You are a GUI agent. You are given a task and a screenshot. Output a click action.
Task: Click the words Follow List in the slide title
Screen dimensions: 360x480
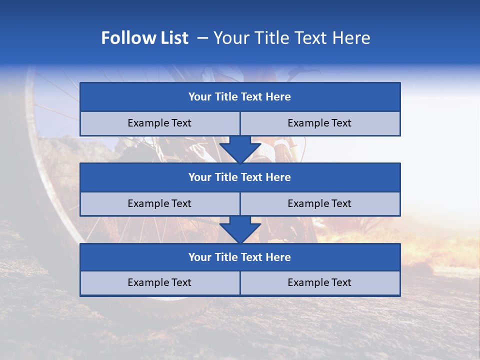(x=144, y=38)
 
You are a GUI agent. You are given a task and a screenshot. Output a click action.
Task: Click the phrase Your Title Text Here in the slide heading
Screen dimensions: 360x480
(x=291, y=38)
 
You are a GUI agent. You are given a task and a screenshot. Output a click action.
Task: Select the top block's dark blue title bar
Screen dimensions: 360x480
(x=240, y=97)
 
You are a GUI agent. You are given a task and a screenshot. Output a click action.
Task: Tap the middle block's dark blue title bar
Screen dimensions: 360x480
(x=240, y=177)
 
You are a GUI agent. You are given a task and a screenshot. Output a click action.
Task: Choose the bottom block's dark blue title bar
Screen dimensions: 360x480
(x=240, y=257)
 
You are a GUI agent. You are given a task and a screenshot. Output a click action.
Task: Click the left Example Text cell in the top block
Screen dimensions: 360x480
(x=159, y=123)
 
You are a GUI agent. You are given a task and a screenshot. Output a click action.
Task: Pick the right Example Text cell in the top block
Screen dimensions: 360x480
(x=320, y=123)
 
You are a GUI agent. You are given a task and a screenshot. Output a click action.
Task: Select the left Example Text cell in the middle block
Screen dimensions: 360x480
(x=159, y=204)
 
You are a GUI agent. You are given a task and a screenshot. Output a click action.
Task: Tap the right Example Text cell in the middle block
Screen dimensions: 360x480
(x=320, y=204)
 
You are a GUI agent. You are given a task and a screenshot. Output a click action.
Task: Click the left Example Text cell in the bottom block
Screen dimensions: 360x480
(x=159, y=283)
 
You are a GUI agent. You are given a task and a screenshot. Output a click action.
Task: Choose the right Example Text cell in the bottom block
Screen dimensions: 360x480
(x=320, y=283)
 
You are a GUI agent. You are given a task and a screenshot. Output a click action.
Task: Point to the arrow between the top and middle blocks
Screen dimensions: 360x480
(x=240, y=150)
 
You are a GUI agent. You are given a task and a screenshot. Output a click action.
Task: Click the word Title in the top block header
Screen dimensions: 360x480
(x=226, y=97)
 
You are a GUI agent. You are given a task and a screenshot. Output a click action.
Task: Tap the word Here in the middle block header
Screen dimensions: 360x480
(x=278, y=177)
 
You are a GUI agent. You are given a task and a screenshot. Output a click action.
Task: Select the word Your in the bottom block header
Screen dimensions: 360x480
(x=200, y=257)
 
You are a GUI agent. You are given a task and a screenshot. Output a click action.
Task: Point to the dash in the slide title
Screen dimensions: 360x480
(x=202, y=38)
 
